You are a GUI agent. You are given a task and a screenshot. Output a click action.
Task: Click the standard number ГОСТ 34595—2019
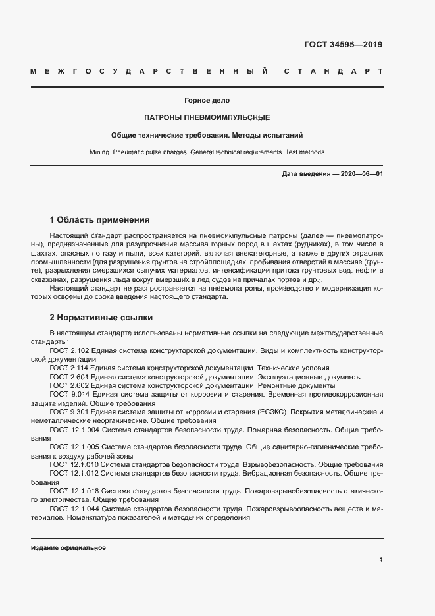[x=343, y=45]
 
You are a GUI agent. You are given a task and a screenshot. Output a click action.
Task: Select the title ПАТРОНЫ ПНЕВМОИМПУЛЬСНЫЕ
[x=207, y=117]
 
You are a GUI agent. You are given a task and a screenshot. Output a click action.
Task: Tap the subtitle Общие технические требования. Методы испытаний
[x=207, y=135]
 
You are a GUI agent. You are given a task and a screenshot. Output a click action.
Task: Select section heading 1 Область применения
[x=100, y=219]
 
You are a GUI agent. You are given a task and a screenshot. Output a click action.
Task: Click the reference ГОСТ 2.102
[x=69, y=351]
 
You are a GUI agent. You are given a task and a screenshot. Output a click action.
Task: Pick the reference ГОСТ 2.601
[x=69, y=377]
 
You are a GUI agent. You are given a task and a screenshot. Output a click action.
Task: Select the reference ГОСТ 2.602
[x=69, y=385]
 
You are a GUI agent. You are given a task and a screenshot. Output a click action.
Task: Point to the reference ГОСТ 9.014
[x=69, y=394]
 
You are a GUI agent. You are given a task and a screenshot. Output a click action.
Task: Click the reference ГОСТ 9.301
[x=69, y=411]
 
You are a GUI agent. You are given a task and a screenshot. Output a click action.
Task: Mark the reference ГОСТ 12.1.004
[x=74, y=429]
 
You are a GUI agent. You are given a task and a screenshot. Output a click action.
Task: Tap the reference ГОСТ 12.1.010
[x=74, y=464]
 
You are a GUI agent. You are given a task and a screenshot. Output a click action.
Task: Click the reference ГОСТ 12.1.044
[x=74, y=509]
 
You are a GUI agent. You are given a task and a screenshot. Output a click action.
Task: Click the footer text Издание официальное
[x=68, y=548]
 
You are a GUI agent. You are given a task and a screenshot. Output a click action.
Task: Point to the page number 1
[x=381, y=560]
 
